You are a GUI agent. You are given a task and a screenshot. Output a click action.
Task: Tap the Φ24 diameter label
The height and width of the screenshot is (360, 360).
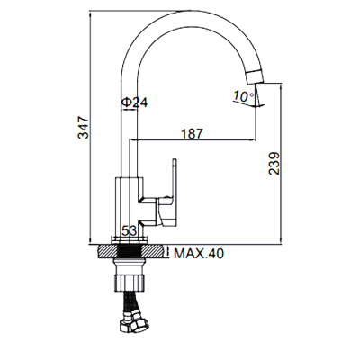134,103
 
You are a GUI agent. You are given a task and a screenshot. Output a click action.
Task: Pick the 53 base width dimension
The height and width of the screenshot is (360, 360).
129,231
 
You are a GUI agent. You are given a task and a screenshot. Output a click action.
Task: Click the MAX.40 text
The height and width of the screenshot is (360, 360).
200,254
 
